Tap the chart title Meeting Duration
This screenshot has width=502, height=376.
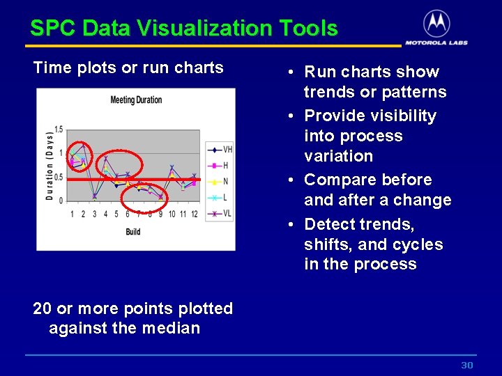136,100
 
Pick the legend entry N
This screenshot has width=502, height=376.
225,182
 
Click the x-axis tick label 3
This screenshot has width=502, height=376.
94,214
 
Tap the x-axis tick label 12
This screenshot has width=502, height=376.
195,214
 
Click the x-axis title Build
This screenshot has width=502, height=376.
132,231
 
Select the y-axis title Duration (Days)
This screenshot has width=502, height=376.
50,165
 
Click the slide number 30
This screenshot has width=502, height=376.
467,366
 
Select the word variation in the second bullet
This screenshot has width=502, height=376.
338,156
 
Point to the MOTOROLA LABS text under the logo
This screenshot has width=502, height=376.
436,42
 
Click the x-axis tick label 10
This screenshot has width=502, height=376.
172,214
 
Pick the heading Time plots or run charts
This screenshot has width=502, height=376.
128,68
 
